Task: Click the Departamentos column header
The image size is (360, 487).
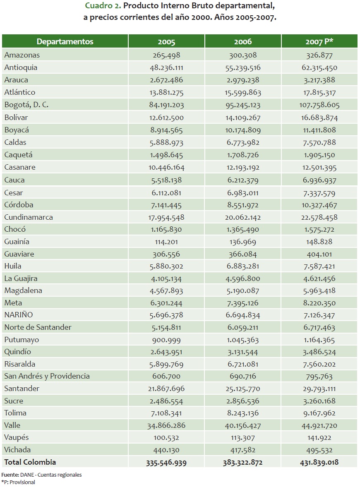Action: click(x=65, y=42)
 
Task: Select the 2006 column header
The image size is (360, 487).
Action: click(x=243, y=42)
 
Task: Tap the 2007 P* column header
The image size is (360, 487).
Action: click(x=319, y=42)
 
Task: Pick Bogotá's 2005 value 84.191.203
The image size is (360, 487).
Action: click(x=166, y=105)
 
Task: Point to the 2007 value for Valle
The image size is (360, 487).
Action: click(x=319, y=425)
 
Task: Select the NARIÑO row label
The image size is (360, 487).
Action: click(x=18, y=315)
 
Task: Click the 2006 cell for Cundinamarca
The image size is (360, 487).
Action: click(x=243, y=217)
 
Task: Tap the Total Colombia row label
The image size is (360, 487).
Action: click(x=30, y=462)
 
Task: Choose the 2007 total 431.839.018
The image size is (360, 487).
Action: click(x=319, y=463)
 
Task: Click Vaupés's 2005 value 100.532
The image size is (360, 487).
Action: click(x=166, y=438)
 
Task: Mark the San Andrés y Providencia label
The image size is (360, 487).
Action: click(x=47, y=376)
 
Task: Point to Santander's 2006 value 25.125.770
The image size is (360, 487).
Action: click(x=243, y=389)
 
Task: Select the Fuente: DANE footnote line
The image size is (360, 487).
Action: click(x=41, y=475)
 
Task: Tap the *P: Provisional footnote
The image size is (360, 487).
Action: click(x=18, y=482)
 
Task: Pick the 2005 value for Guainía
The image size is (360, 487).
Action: click(x=166, y=242)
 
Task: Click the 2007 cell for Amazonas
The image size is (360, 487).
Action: click(x=319, y=55)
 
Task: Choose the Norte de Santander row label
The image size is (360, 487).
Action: click(x=38, y=327)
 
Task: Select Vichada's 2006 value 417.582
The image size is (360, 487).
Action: click(x=243, y=450)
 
